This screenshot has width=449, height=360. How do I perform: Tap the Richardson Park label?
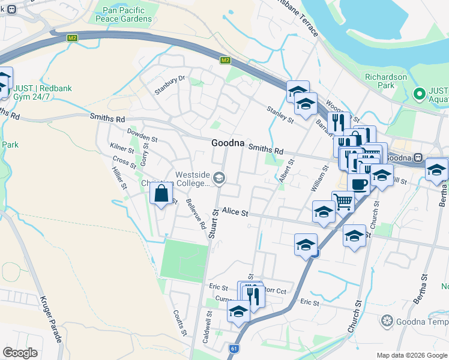pos(386,81)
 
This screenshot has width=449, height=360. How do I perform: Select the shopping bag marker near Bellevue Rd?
pos(161,194)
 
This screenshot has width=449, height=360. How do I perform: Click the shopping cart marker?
pos(343,202)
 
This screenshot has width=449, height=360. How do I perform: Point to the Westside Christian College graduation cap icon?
pos(220,176)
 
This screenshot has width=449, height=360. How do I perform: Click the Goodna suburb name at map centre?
pos(228,143)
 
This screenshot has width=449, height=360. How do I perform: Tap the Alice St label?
pos(235,211)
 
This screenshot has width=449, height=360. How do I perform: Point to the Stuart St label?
pos(212,223)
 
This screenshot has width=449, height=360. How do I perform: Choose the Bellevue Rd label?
pos(196,215)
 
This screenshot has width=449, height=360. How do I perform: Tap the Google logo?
pos(20,353)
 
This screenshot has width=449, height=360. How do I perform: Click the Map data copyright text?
pos(412,355)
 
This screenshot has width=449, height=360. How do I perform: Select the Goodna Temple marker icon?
pos(388,320)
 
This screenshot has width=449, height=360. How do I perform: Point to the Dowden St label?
pos(142,134)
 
